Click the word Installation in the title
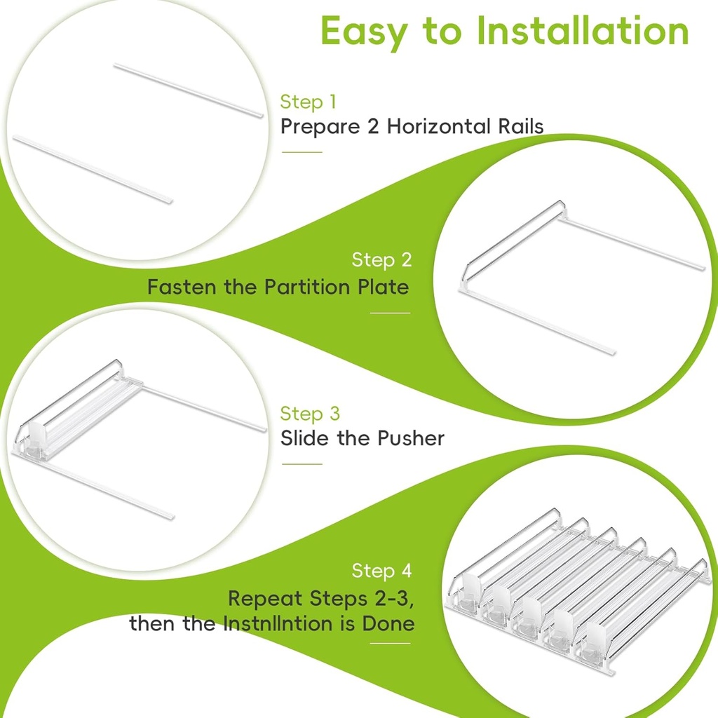tap(583, 31)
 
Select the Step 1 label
tap(309, 102)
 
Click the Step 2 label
tap(381, 259)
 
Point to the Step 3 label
tap(310, 414)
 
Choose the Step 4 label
tap(381, 571)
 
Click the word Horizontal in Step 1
tap(439, 126)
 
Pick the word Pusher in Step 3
tap(410, 438)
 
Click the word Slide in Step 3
tap(304, 438)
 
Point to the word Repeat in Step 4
tap(265, 599)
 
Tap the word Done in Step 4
tap(388, 623)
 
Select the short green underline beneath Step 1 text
tap(302, 152)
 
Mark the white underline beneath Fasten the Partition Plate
tap(390, 313)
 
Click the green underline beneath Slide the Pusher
tap(302, 464)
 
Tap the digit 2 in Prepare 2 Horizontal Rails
tap(373, 126)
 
